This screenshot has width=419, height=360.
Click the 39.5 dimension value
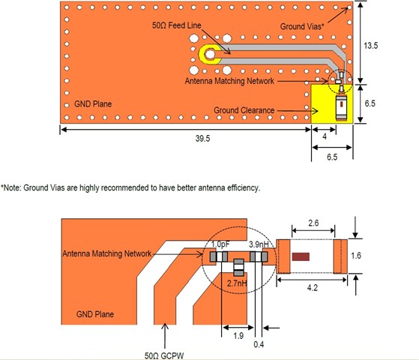click(x=202, y=139)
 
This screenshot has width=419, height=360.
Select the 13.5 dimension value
click(x=370, y=46)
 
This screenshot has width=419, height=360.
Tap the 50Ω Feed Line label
click(x=176, y=25)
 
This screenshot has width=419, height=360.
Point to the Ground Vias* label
click(x=302, y=26)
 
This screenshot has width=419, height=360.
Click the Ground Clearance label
click(x=244, y=110)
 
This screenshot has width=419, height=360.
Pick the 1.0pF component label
click(x=220, y=244)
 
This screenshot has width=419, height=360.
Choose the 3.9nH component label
click(x=259, y=244)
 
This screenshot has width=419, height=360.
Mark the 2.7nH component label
click(x=237, y=283)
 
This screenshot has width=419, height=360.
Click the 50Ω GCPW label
click(x=164, y=355)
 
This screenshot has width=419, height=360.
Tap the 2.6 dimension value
click(x=313, y=223)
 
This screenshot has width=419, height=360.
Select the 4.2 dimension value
click(x=313, y=288)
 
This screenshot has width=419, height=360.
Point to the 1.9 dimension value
click(x=238, y=336)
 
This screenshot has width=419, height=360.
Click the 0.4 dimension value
click(x=259, y=344)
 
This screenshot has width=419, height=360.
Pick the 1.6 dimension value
click(x=356, y=256)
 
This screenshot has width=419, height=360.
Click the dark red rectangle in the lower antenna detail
click(x=301, y=256)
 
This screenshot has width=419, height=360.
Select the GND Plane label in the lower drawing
click(x=95, y=314)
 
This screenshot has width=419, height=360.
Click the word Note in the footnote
click(x=11, y=187)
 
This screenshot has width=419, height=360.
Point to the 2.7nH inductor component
click(x=238, y=268)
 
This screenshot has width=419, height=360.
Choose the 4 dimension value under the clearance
click(x=325, y=136)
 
